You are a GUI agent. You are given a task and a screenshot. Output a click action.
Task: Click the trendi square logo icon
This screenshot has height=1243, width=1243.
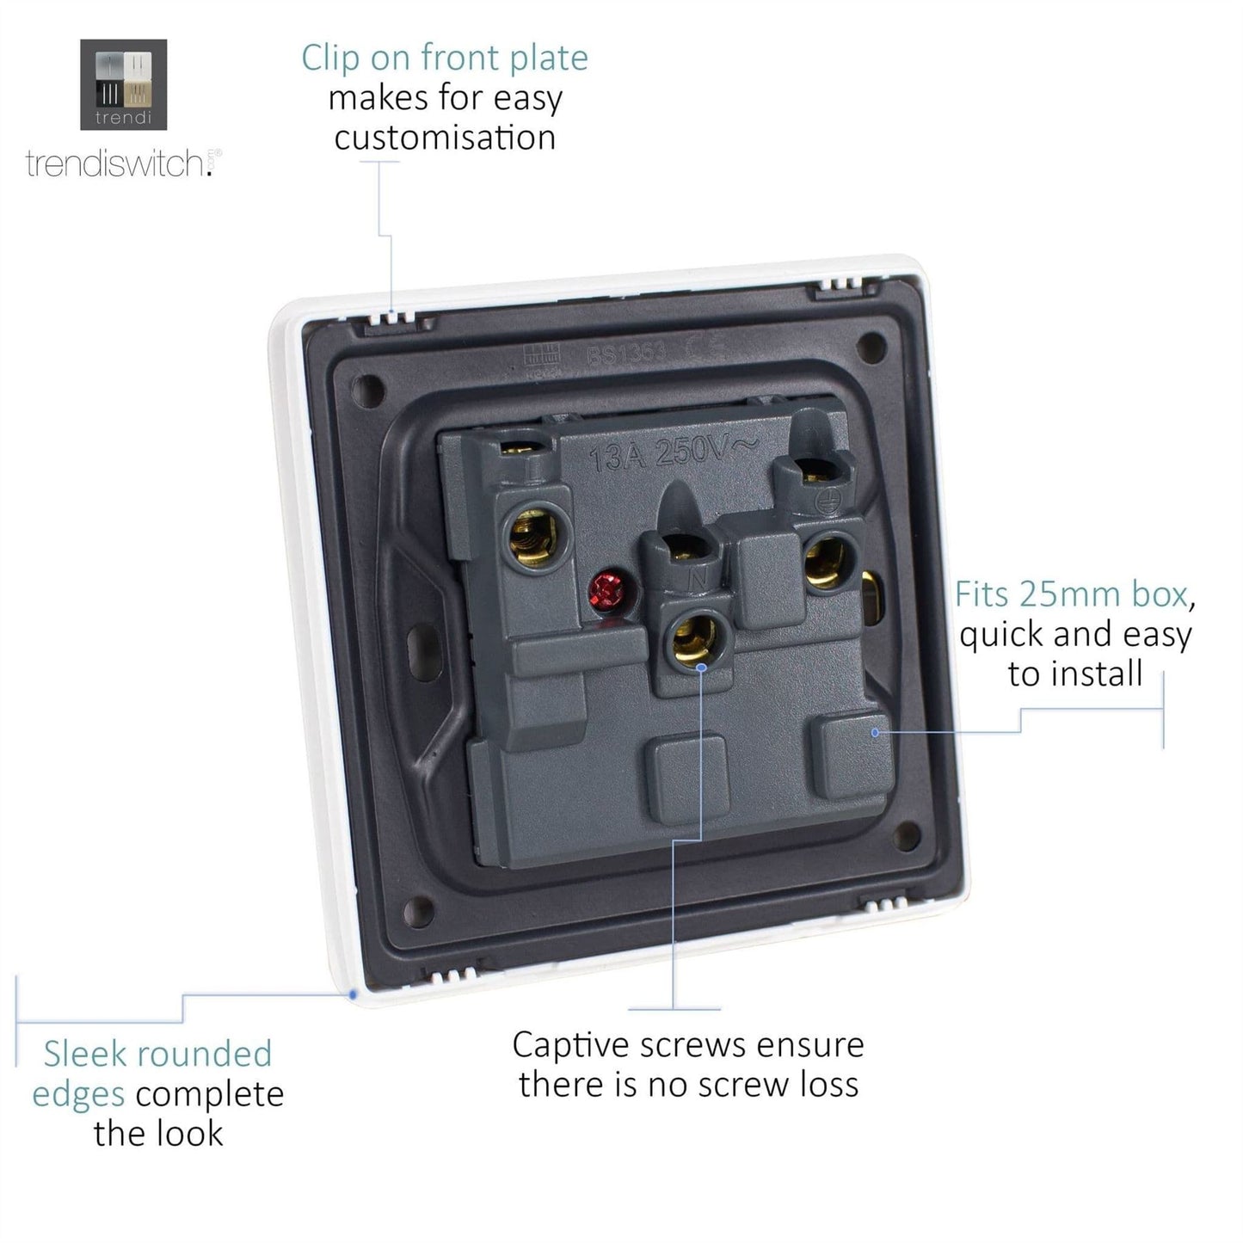(x=123, y=84)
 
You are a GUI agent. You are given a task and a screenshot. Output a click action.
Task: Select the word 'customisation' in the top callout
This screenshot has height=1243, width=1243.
(x=445, y=138)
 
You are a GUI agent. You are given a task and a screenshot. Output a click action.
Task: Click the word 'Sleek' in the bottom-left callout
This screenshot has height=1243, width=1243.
(x=84, y=1054)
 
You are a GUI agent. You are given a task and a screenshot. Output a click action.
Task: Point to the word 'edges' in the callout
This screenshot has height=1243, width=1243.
(x=78, y=1094)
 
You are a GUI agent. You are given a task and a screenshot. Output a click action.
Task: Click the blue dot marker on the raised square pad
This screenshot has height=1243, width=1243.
(x=876, y=732)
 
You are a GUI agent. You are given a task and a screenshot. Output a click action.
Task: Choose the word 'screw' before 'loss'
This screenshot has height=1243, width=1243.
(x=741, y=1085)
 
